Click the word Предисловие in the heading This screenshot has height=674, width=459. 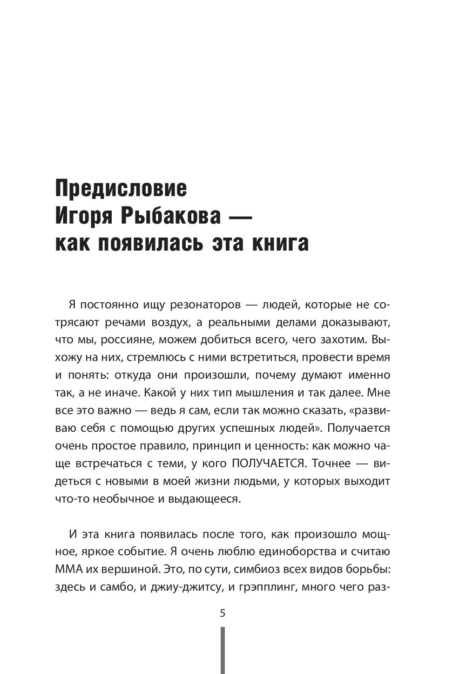[x=121, y=189]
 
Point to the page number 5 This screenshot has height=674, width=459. [x=223, y=613]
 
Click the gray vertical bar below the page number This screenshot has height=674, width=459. [x=223, y=650]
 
